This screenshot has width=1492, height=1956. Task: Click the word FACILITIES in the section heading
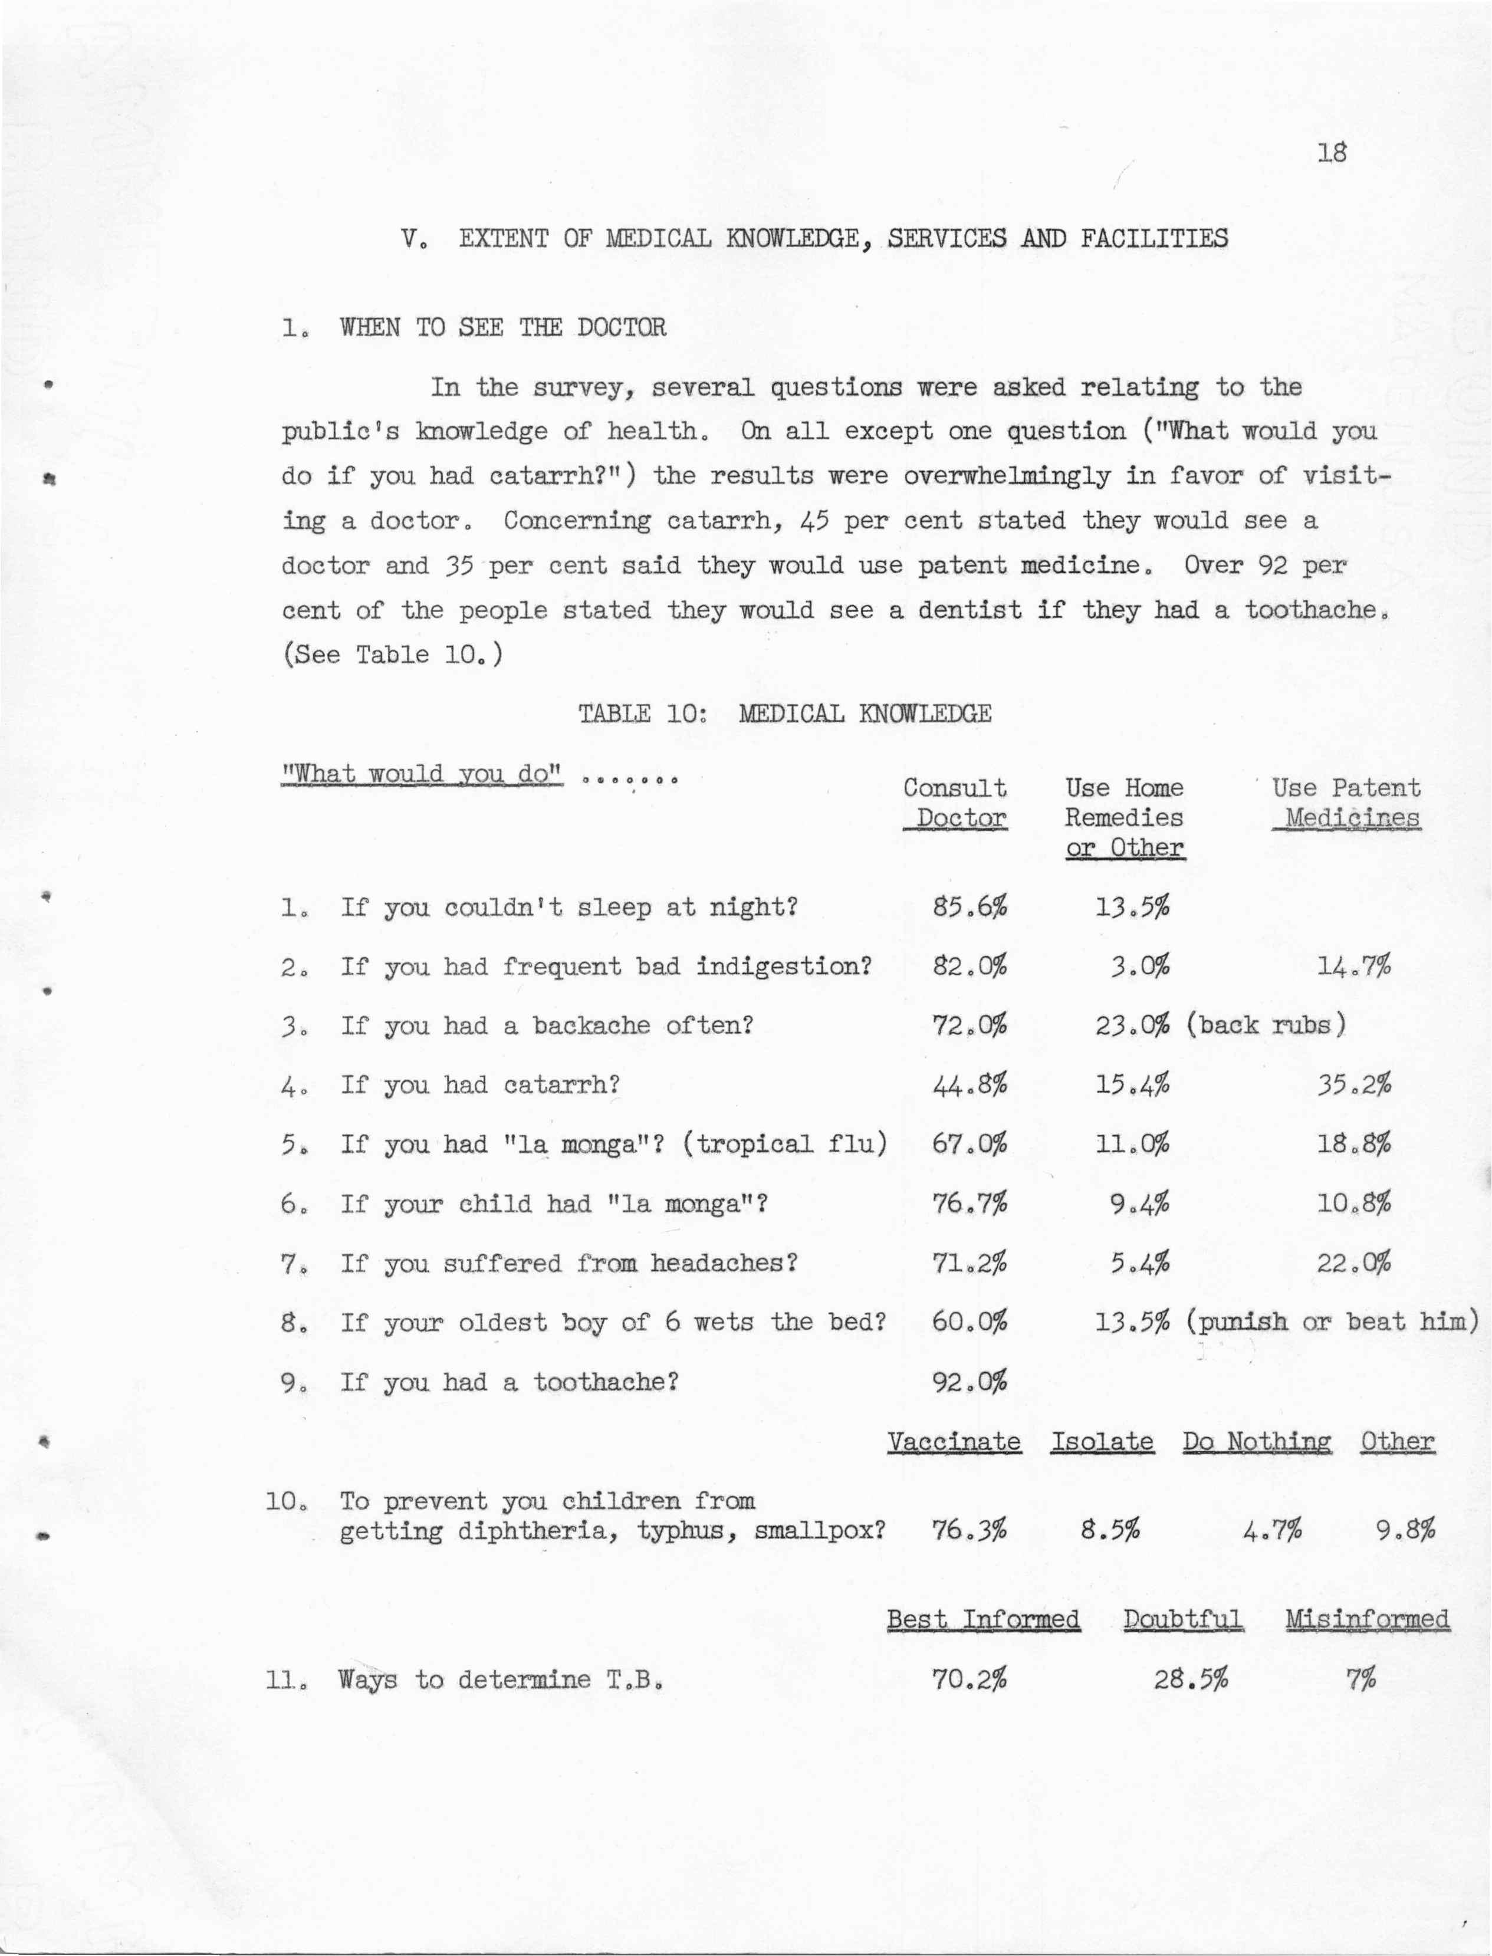pos(1155,239)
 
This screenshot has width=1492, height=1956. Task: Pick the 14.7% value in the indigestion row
pos(1355,966)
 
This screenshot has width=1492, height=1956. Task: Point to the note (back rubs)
pos(1266,1025)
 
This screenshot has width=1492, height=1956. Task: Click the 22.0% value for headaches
pos(1355,1263)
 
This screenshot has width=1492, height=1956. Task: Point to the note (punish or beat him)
pos(1330,1322)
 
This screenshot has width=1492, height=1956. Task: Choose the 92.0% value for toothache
pos(970,1382)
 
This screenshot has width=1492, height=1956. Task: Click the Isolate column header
pos(1102,1441)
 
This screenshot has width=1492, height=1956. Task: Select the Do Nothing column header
pos(1257,1441)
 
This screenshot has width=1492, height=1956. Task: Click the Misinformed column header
pos(1368,1619)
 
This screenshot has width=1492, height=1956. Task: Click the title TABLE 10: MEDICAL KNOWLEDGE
pos(785,714)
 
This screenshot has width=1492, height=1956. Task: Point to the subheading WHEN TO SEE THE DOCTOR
pos(502,328)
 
